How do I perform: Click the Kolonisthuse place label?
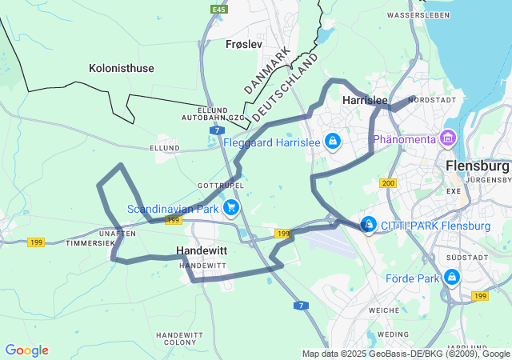[x=122, y=68]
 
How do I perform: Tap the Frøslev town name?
[x=244, y=44]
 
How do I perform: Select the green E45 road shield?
[x=218, y=9]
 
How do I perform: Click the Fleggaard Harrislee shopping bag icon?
[x=333, y=142]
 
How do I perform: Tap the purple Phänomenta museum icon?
[x=448, y=139]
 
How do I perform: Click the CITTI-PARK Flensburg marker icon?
[x=369, y=226]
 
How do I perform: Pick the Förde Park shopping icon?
[x=453, y=278]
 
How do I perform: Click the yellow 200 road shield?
[x=389, y=184]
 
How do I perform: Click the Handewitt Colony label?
[x=181, y=338]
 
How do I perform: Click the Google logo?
[x=26, y=350]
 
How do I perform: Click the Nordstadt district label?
[x=432, y=100]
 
